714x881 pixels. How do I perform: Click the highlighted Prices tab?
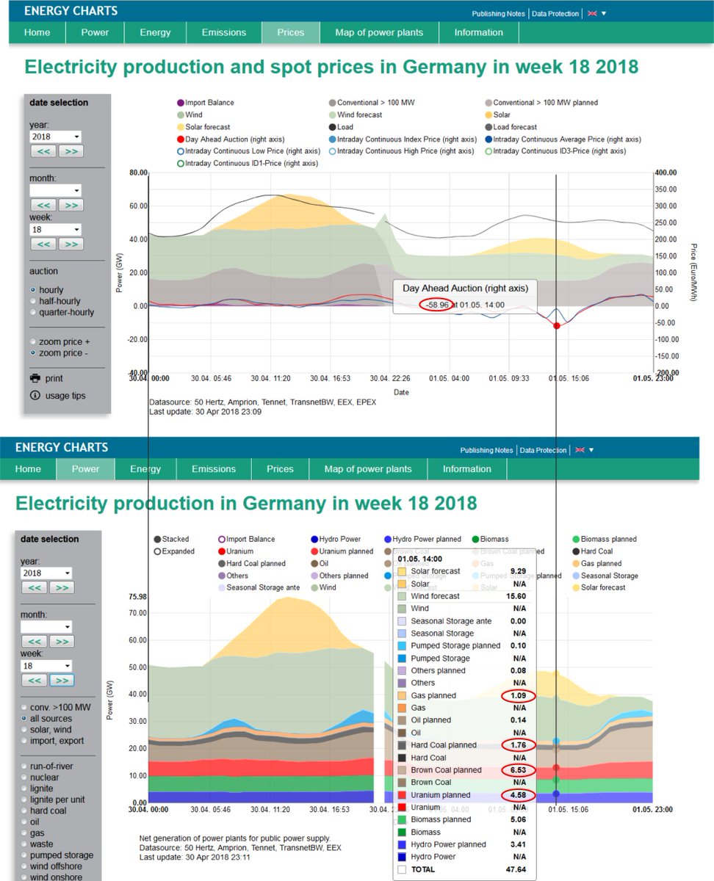click(x=290, y=32)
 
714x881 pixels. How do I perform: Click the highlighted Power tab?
click(x=85, y=468)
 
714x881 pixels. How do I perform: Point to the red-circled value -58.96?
click(x=435, y=304)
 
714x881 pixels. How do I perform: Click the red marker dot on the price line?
click(x=556, y=325)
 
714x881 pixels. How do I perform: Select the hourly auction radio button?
click(x=34, y=290)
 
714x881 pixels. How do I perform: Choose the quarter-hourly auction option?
click(x=34, y=312)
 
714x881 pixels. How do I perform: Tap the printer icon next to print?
click(x=35, y=378)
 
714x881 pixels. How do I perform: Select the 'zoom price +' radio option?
click(x=34, y=341)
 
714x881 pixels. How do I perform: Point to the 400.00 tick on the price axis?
click(x=667, y=173)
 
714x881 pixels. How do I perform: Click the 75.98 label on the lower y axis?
click(x=137, y=597)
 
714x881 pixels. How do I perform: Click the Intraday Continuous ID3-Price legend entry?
click(x=559, y=151)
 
